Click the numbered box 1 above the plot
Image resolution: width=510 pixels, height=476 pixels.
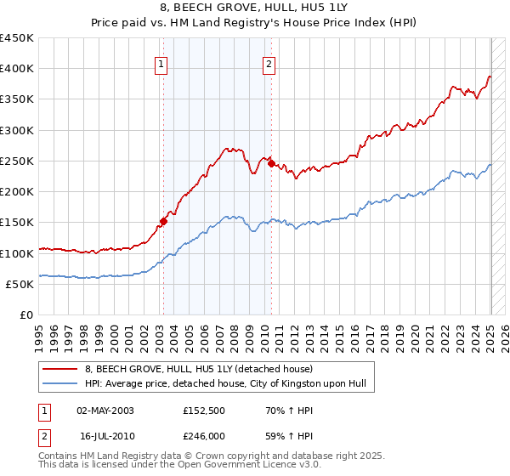click(161, 62)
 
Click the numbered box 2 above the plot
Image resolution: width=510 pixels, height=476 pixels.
click(269, 62)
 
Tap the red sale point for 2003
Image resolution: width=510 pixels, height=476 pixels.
click(162, 222)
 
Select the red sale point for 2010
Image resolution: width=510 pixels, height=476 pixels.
click(271, 164)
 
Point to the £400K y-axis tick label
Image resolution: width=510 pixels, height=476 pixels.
click(17, 69)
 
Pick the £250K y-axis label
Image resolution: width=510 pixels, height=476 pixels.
click(17, 161)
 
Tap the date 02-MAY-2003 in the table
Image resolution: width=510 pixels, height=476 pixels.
click(105, 411)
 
